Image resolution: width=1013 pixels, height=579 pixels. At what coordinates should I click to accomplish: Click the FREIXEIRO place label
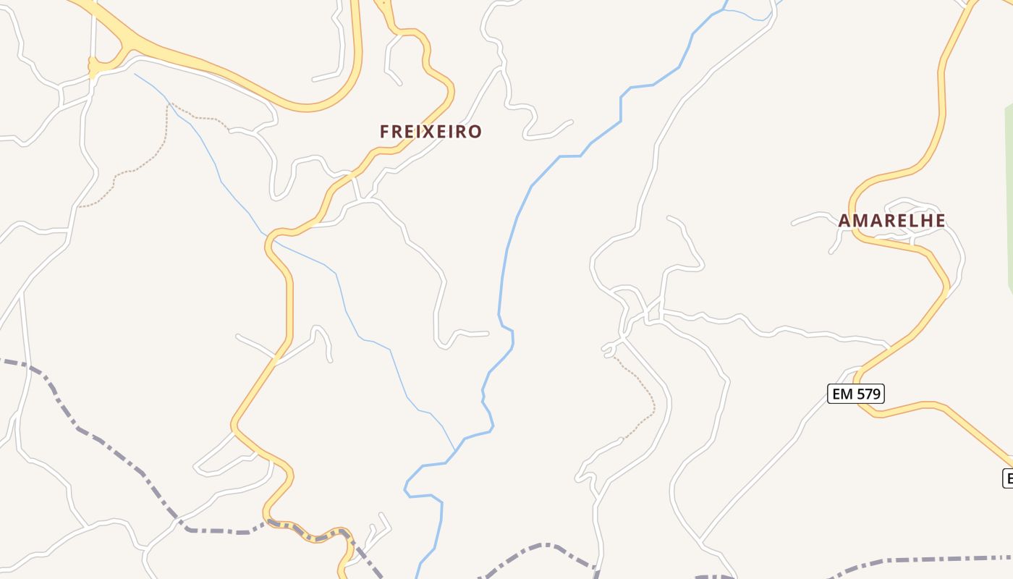coord(431,132)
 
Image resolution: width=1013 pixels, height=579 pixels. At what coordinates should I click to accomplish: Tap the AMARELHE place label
coord(891,221)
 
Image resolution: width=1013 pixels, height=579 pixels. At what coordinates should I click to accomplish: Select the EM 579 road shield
coord(856,394)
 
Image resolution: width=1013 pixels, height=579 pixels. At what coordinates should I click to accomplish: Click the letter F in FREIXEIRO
coord(384,132)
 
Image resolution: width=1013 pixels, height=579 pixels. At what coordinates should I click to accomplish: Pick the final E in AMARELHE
coord(940,221)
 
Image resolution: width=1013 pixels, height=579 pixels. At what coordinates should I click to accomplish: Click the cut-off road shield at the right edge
coord(1007,478)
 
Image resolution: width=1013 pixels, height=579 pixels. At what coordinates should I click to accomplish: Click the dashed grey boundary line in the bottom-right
coord(926,559)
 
